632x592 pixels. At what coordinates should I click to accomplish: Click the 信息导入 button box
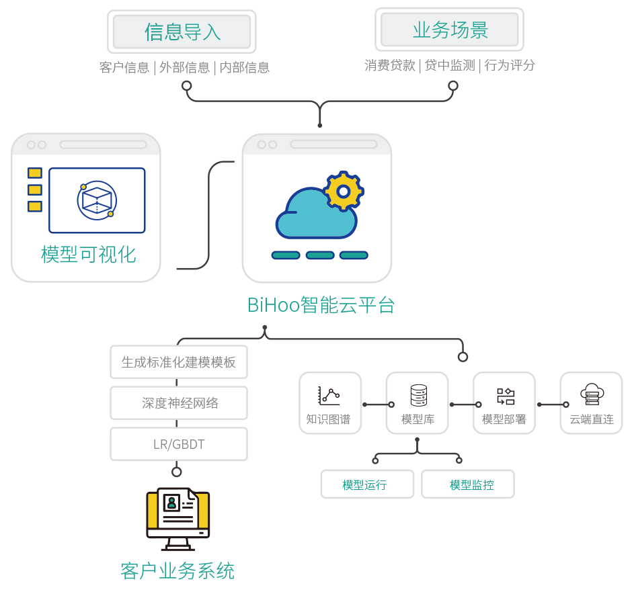(182, 31)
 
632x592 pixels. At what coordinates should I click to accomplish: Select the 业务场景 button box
(450, 30)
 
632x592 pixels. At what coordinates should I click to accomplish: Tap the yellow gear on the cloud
(344, 192)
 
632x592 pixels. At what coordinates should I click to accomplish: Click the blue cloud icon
(315, 214)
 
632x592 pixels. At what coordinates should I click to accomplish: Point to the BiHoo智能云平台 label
(321, 305)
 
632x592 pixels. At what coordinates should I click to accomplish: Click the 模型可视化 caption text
(88, 254)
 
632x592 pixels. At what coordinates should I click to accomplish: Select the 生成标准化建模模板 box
(178, 362)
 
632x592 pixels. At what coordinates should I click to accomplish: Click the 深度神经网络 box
(178, 403)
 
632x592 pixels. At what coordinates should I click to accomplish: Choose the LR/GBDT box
(178, 444)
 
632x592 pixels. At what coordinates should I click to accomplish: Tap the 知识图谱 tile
(329, 403)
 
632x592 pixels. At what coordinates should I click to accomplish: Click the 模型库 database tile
(418, 403)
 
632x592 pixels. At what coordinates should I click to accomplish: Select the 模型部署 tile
(504, 403)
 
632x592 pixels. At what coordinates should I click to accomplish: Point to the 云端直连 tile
(592, 403)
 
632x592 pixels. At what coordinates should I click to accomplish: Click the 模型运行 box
(366, 484)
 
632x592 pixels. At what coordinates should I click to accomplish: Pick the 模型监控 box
(469, 484)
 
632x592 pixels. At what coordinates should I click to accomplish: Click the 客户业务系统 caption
(177, 571)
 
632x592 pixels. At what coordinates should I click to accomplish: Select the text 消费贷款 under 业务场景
(390, 65)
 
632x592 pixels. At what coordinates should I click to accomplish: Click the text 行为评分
(510, 65)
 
